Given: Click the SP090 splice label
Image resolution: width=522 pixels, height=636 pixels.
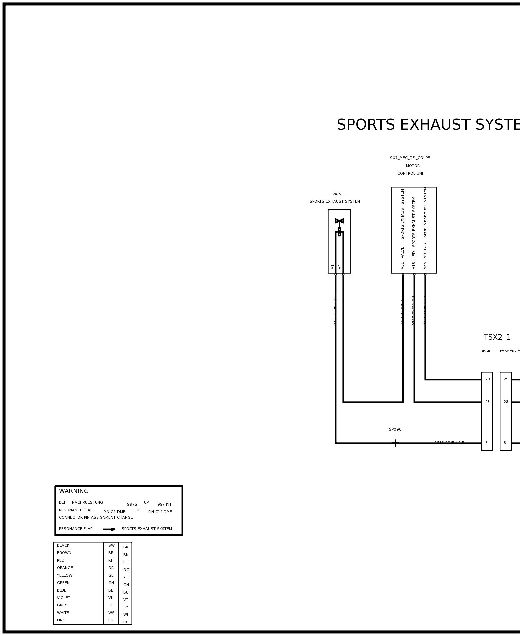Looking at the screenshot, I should pos(395,429).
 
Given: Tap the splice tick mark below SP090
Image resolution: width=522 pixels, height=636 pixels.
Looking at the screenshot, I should pos(395,443).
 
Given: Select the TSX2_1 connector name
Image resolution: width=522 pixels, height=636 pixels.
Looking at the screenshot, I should pos(497,337).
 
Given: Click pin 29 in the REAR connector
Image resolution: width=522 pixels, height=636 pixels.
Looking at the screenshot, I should pos(487,379).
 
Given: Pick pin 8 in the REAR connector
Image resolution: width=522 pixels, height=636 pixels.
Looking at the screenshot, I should pos(486,443).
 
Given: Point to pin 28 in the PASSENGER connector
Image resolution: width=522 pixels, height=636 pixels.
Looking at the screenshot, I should pos(506,402).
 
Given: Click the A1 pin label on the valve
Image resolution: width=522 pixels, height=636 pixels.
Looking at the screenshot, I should pos(333,267).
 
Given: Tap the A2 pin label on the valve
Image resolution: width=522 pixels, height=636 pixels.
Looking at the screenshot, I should pos(340,267).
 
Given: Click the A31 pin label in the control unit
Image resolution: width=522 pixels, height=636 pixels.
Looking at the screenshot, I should pos(403,266).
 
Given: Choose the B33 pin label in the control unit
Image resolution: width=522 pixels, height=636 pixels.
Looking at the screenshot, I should pos(425,266).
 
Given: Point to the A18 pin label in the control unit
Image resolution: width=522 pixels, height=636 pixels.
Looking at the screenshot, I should pos(414,266).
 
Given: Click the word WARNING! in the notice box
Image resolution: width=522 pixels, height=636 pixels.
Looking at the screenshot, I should pos(75,491).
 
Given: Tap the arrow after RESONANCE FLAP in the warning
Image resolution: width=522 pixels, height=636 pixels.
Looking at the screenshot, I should pos(109,529).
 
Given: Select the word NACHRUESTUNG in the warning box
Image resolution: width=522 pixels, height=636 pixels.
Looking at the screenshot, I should pos(88,502).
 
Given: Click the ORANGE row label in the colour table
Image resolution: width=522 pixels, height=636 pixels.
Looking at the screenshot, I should pos(65,568).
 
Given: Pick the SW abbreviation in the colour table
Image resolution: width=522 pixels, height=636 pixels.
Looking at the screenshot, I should pos(111,545).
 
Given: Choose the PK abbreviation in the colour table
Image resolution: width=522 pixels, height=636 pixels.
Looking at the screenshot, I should pos(125,622).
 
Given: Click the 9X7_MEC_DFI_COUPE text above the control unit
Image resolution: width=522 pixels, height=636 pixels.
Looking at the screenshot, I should pos(410,158).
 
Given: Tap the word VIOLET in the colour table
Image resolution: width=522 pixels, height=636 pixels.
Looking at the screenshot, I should pos(64,598).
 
